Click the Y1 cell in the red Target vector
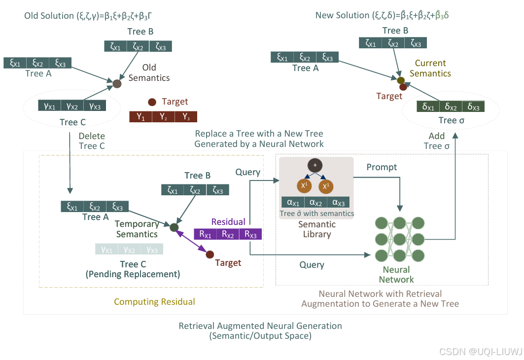[140, 117]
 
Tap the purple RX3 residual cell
[250, 234]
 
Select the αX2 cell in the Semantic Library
[315, 202]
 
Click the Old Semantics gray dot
[117, 84]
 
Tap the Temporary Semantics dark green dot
[174, 227]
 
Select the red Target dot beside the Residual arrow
[210, 254]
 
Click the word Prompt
[382, 167]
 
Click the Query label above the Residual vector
[247, 172]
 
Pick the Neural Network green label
[396, 275]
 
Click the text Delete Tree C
[92, 141]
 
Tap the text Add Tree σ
[436, 141]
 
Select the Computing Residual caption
[154, 302]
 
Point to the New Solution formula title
[382, 15]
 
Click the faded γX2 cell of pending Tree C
[129, 250]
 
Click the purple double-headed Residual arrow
[192, 242]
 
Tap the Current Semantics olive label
[430, 68]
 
